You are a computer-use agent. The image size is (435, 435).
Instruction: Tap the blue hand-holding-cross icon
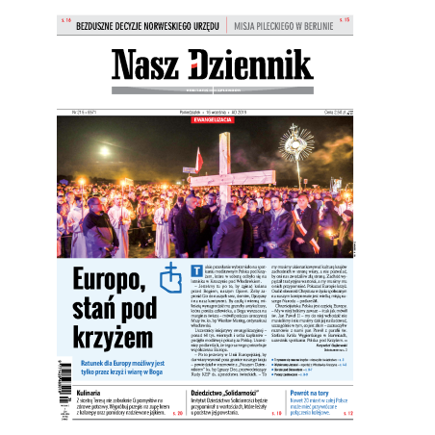coord(171,277)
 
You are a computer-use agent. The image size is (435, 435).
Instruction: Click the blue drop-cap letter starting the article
coord(196,266)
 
